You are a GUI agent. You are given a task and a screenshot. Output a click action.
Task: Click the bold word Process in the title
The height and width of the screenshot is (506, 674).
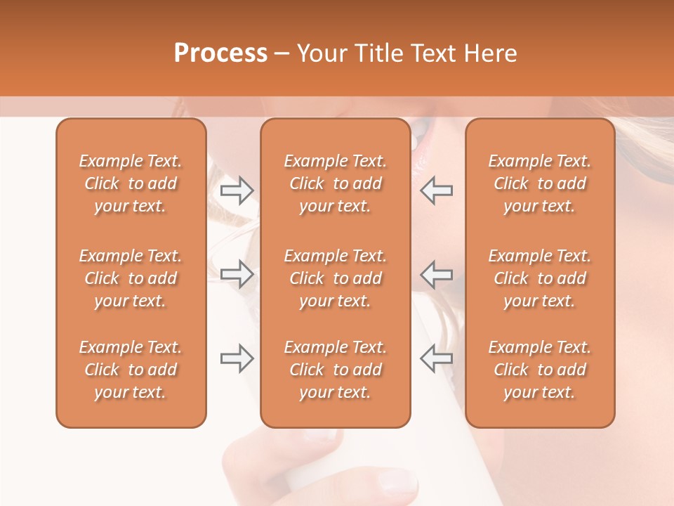pyautogui.click(x=220, y=53)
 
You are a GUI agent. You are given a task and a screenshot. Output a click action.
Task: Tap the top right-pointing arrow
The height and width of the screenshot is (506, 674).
pyautogui.click(x=237, y=190)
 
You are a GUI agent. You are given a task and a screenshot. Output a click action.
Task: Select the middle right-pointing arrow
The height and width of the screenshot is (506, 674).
pyautogui.click(x=237, y=274)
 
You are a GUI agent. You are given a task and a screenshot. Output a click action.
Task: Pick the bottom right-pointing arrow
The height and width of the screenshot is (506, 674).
pyautogui.click(x=237, y=358)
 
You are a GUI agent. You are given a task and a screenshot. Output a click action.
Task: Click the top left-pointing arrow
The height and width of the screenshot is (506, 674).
pyautogui.click(x=436, y=190)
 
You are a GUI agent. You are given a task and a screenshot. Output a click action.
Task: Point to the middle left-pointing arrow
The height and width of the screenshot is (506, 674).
pyautogui.click(x=436, y=274)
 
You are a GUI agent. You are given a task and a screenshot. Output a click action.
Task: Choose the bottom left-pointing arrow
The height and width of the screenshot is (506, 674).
pyautogui.click(x=436, y=358)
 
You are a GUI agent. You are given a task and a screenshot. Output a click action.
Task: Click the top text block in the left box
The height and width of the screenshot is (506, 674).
pyautogui.click(x=131, y=183)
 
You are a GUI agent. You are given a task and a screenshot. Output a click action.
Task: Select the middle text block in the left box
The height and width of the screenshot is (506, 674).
pyautogui.click(x=131, y=278)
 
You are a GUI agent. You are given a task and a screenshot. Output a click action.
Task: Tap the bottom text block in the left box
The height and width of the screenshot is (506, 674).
pyautogui.click(x=131, y=370)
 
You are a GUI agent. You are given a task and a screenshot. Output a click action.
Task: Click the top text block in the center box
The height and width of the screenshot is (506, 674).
pyautogui.click(x=336, y=183)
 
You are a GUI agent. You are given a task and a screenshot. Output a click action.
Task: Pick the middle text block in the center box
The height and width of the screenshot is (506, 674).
pyautogui.click(x=336, y=278)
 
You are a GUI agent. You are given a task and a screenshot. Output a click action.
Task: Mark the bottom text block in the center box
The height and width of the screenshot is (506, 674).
pyautogui.click(x=336, y=370)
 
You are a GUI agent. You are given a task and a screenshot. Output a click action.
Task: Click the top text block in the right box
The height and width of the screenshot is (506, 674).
pyautogui.click(x=540, y=183)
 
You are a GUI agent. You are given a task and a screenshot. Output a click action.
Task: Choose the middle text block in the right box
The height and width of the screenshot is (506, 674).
pyautogui.click(x=540, y=278)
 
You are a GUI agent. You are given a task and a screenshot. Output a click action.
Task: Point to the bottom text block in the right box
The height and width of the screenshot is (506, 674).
pyautogui.click(x=540, y=370)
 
